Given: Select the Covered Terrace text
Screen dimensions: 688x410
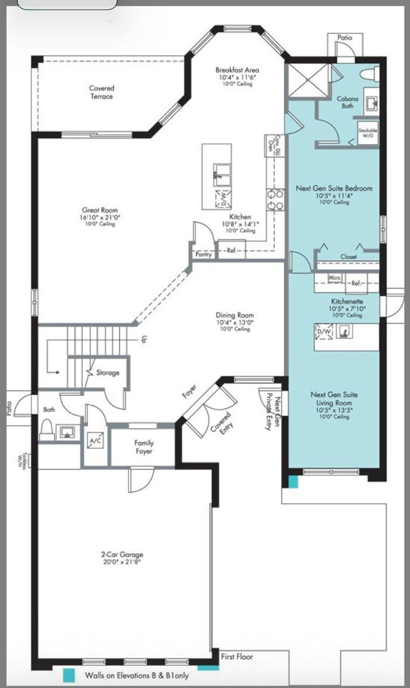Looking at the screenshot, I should tap(102, 92).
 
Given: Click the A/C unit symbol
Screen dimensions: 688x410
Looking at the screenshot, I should tap(95, 441).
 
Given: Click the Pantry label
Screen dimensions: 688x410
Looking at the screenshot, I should tap(203, 254).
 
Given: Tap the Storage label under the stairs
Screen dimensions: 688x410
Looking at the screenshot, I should tap(108, 372).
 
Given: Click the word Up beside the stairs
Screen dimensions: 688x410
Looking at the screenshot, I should tap(144, 339).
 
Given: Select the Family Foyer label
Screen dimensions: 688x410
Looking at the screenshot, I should tap(144, 447).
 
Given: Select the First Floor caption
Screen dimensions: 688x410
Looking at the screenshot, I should tap(237, 657).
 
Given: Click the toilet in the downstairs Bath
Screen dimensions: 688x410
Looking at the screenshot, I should tap(46, 429).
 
